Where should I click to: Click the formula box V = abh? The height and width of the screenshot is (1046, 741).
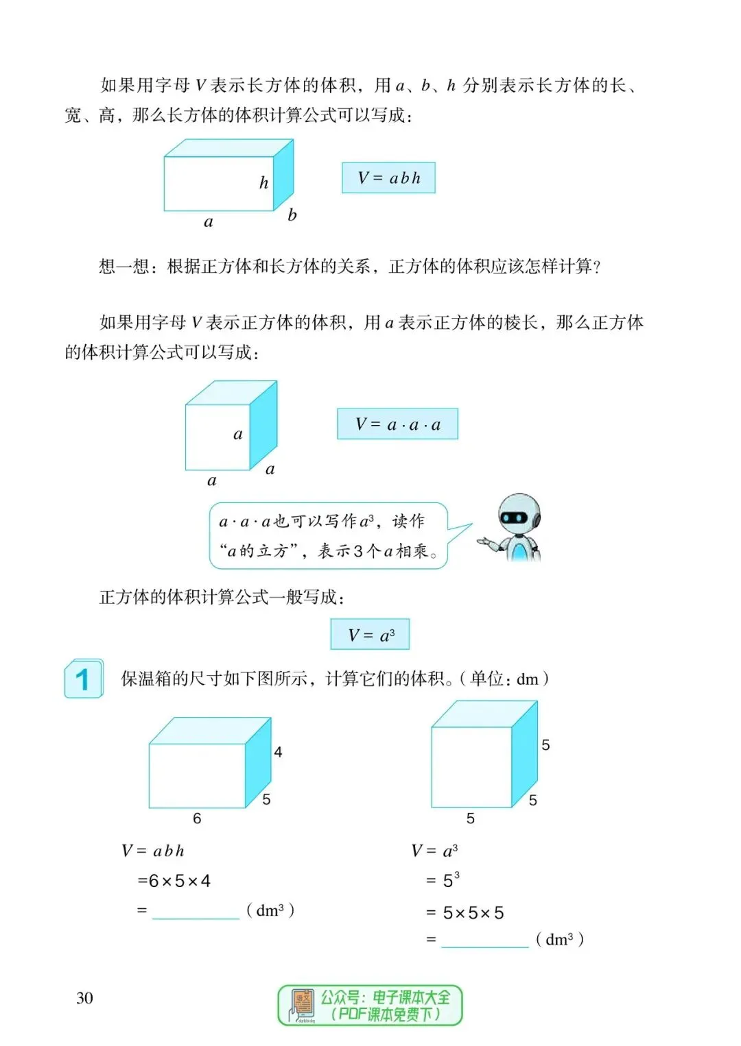click(388, 178)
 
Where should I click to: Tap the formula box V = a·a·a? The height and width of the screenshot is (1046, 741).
click(397, 424)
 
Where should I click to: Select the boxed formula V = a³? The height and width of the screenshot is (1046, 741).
click(370, 635)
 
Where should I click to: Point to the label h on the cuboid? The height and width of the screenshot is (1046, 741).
click(263, 182)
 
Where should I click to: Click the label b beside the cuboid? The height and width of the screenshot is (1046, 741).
click(292, 215)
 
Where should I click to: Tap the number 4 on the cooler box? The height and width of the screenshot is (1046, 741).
click(278, 752)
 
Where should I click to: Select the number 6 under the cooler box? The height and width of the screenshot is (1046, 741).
click(197, 818)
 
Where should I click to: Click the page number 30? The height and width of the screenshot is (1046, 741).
click(84, 998)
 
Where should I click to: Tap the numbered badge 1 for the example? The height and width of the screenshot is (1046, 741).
click(84, 679)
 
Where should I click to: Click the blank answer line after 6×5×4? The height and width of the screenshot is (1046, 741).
click(196, 912)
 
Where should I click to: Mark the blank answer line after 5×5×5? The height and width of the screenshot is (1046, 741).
click(485, 941)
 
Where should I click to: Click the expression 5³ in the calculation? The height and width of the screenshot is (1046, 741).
click(451, 880)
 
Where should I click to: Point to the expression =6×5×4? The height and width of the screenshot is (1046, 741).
click(174, 881)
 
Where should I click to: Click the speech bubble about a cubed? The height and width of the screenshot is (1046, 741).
click(328, 536)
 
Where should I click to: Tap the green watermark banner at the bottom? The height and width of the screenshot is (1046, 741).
click(370, 1006)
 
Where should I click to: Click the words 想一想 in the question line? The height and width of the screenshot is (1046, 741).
click(123, 266)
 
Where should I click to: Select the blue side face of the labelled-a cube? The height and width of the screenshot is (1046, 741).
click(263, 425)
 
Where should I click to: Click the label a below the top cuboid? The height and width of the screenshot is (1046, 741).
click(209, 222)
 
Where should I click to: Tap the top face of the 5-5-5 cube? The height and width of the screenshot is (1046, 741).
click(484, 714)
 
